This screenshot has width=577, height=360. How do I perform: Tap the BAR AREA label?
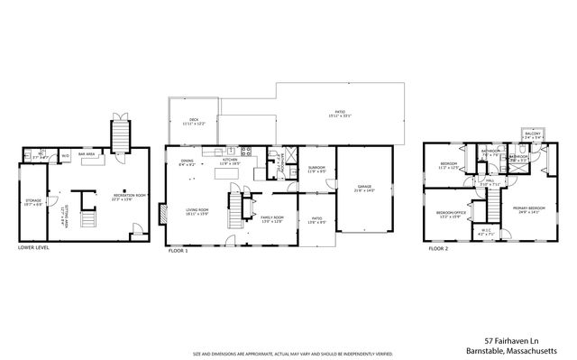pos(87,155)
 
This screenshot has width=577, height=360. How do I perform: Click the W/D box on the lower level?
pos(65,156)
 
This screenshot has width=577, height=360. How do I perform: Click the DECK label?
pos(193,120)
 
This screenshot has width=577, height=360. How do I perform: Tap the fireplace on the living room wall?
pos(162,215)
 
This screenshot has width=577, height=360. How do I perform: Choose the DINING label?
pos(187,162)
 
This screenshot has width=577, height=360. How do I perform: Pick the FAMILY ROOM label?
pos(272,218)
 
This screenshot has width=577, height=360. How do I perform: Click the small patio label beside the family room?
pos(316,219)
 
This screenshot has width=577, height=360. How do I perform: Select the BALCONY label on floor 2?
pos(532,135)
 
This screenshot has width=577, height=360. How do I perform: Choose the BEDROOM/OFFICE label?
pos(449,215)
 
